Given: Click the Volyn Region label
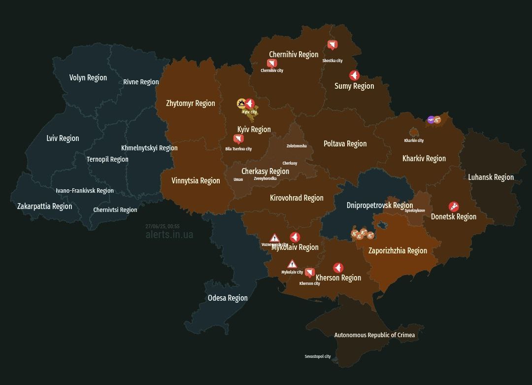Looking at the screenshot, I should point(88,77).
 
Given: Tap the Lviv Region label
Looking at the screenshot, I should point(63,138).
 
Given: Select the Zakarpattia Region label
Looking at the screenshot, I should point(44,206).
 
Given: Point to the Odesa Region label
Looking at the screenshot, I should point(228,298).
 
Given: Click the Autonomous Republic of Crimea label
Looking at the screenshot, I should point(374,335).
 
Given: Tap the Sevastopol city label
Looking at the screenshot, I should point(318,356).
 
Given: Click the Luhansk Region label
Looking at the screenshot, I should point(491,177).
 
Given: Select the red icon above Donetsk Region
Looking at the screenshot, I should point(454,207).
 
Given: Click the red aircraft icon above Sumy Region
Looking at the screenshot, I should point(354,75).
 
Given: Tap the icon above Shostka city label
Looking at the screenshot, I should point(333,45).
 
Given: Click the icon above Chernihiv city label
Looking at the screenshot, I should point(272,63).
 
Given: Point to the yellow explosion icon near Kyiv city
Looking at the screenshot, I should point(241,104).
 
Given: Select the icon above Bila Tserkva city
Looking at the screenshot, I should point(238,139).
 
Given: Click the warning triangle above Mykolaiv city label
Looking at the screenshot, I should point(292,264).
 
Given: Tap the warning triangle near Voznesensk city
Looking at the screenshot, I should point(274,239).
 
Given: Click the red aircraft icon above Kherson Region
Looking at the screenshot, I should point(338,268).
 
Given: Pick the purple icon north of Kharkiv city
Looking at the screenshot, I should point(431,119).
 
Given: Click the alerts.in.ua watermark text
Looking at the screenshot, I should point(169,235).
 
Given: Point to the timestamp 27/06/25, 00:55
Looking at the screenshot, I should point(163,226).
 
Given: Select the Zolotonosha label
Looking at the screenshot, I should point(297,146).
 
